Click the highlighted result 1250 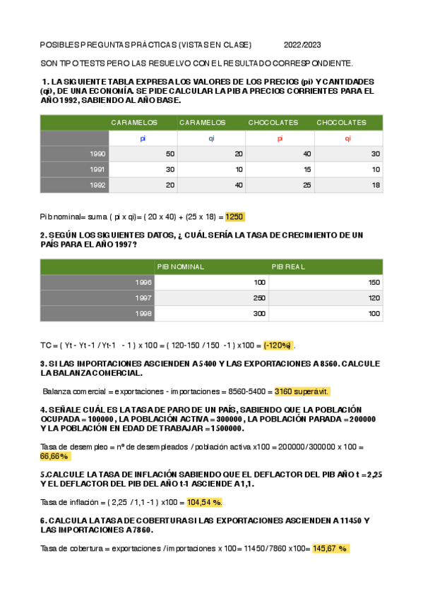click(x=235, y=216)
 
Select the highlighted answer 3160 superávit click(x=302, y=391)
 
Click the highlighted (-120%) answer click(x=278, y=345)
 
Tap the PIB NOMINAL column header click(x=181, y=267)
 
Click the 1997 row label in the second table click(x=143, y=298)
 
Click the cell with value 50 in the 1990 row click(x=169, y=154)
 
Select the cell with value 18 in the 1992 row click(x=376, y=185)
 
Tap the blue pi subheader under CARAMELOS click(x=143, y=138)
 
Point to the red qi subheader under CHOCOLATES click(x=347, y=138)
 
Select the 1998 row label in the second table click(x=143, y=314)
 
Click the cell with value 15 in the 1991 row click(x=307, y=169)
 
